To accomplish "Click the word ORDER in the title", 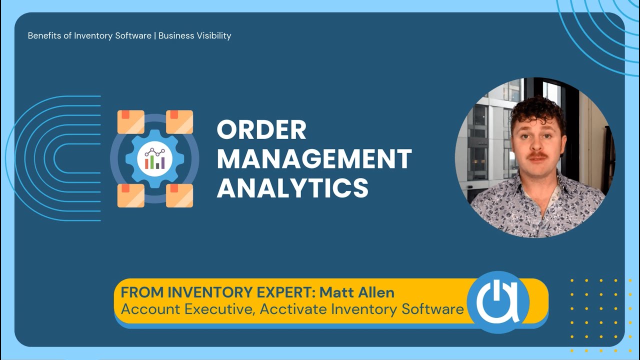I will pos(261,130).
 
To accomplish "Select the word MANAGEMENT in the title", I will pos(314,159).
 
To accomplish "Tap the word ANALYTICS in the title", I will pos(292,188).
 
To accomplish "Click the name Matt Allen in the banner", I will pos(357,292).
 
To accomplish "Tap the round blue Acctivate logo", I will pos(498,301).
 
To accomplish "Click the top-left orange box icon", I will pos(131,122).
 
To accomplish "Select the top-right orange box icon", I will pos(179,122).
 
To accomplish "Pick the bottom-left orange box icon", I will pos(131,195).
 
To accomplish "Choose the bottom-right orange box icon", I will pos(179,195).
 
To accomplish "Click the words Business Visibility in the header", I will pos(194,36).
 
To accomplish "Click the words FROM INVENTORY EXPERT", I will pos(217,292).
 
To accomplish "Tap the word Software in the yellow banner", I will pos(432,309).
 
